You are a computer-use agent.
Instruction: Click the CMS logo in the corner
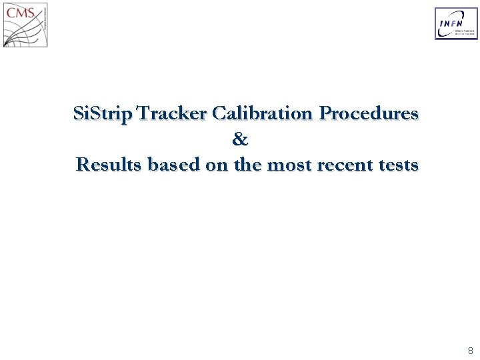pos(25,25)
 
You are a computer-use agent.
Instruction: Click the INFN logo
pos(456,24)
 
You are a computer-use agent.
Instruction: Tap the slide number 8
pos(470,350)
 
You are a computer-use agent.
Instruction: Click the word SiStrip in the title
pos(104,114)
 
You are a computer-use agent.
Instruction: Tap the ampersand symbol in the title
pos(240,139)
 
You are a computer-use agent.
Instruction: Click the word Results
pos(109,164)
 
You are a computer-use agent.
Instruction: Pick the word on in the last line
pos(217,164)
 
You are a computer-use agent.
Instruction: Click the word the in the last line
pos(247,164)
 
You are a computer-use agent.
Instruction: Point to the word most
pos(287,164)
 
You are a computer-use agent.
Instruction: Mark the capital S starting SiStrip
pos(79,114)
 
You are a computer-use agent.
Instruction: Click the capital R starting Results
pos(83,164)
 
